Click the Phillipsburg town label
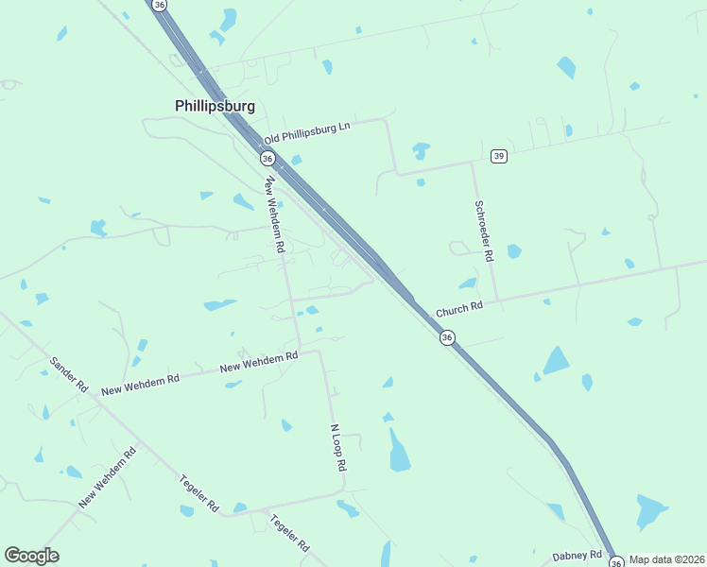tap(215, 107)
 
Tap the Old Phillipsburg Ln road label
tap(307, 131)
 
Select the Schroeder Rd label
tap(483, 231)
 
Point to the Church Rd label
tap(458, 308)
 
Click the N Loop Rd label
tap(338, 448)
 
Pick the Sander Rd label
tap(69, 375)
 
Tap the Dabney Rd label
tap(578, 555)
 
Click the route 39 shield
tap(499, 155)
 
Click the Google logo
tap(31, 556)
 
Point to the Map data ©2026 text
tap(667, 559)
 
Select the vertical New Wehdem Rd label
tap(275, 215)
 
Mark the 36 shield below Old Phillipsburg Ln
tap(267, 158)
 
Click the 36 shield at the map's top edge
tap(159, 5)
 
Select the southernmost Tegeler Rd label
tap(289, 534)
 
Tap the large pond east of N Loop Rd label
tap(400, 451)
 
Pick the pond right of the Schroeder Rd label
tap(513, 251)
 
